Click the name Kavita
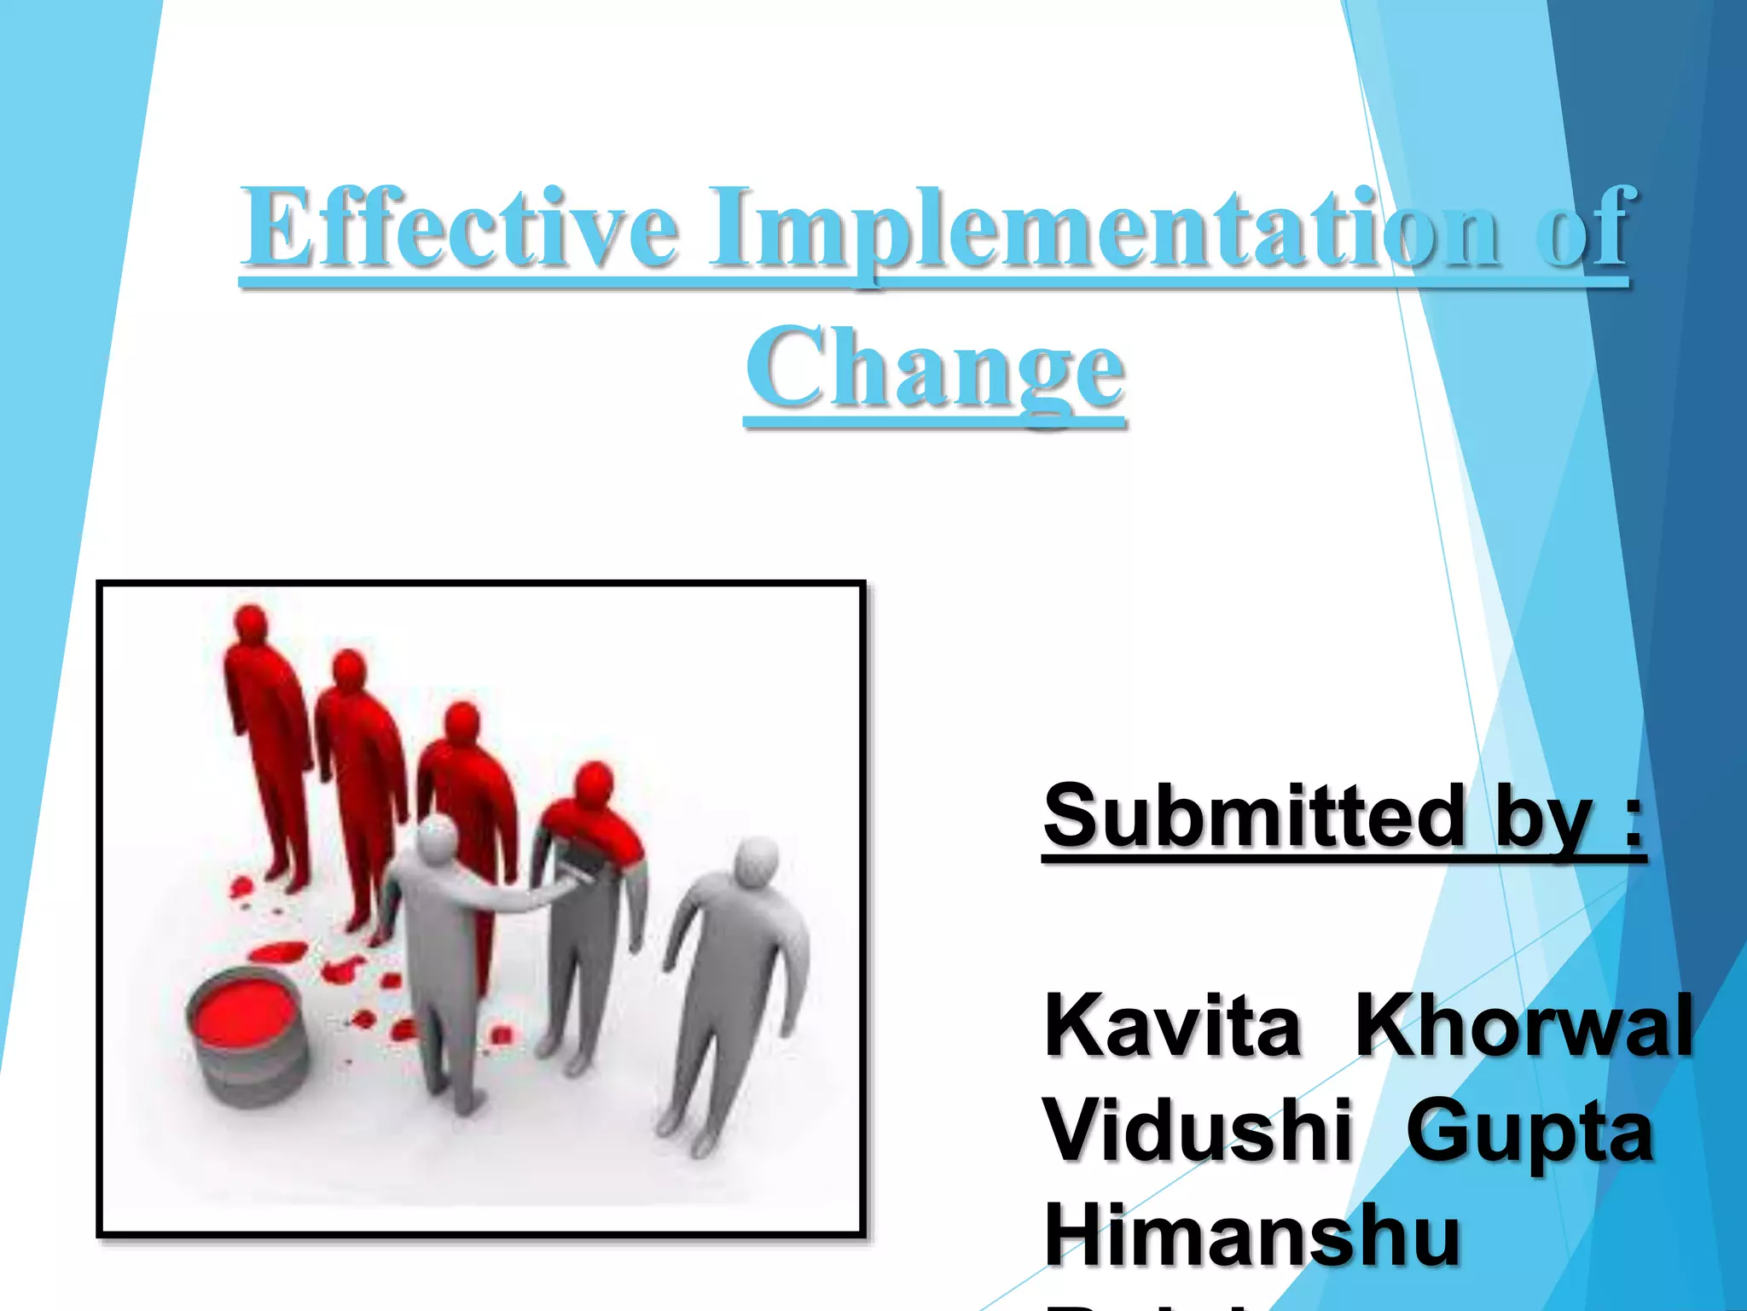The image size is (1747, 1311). (1173, 1027)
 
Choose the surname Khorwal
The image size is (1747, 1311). (1524, 1027)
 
